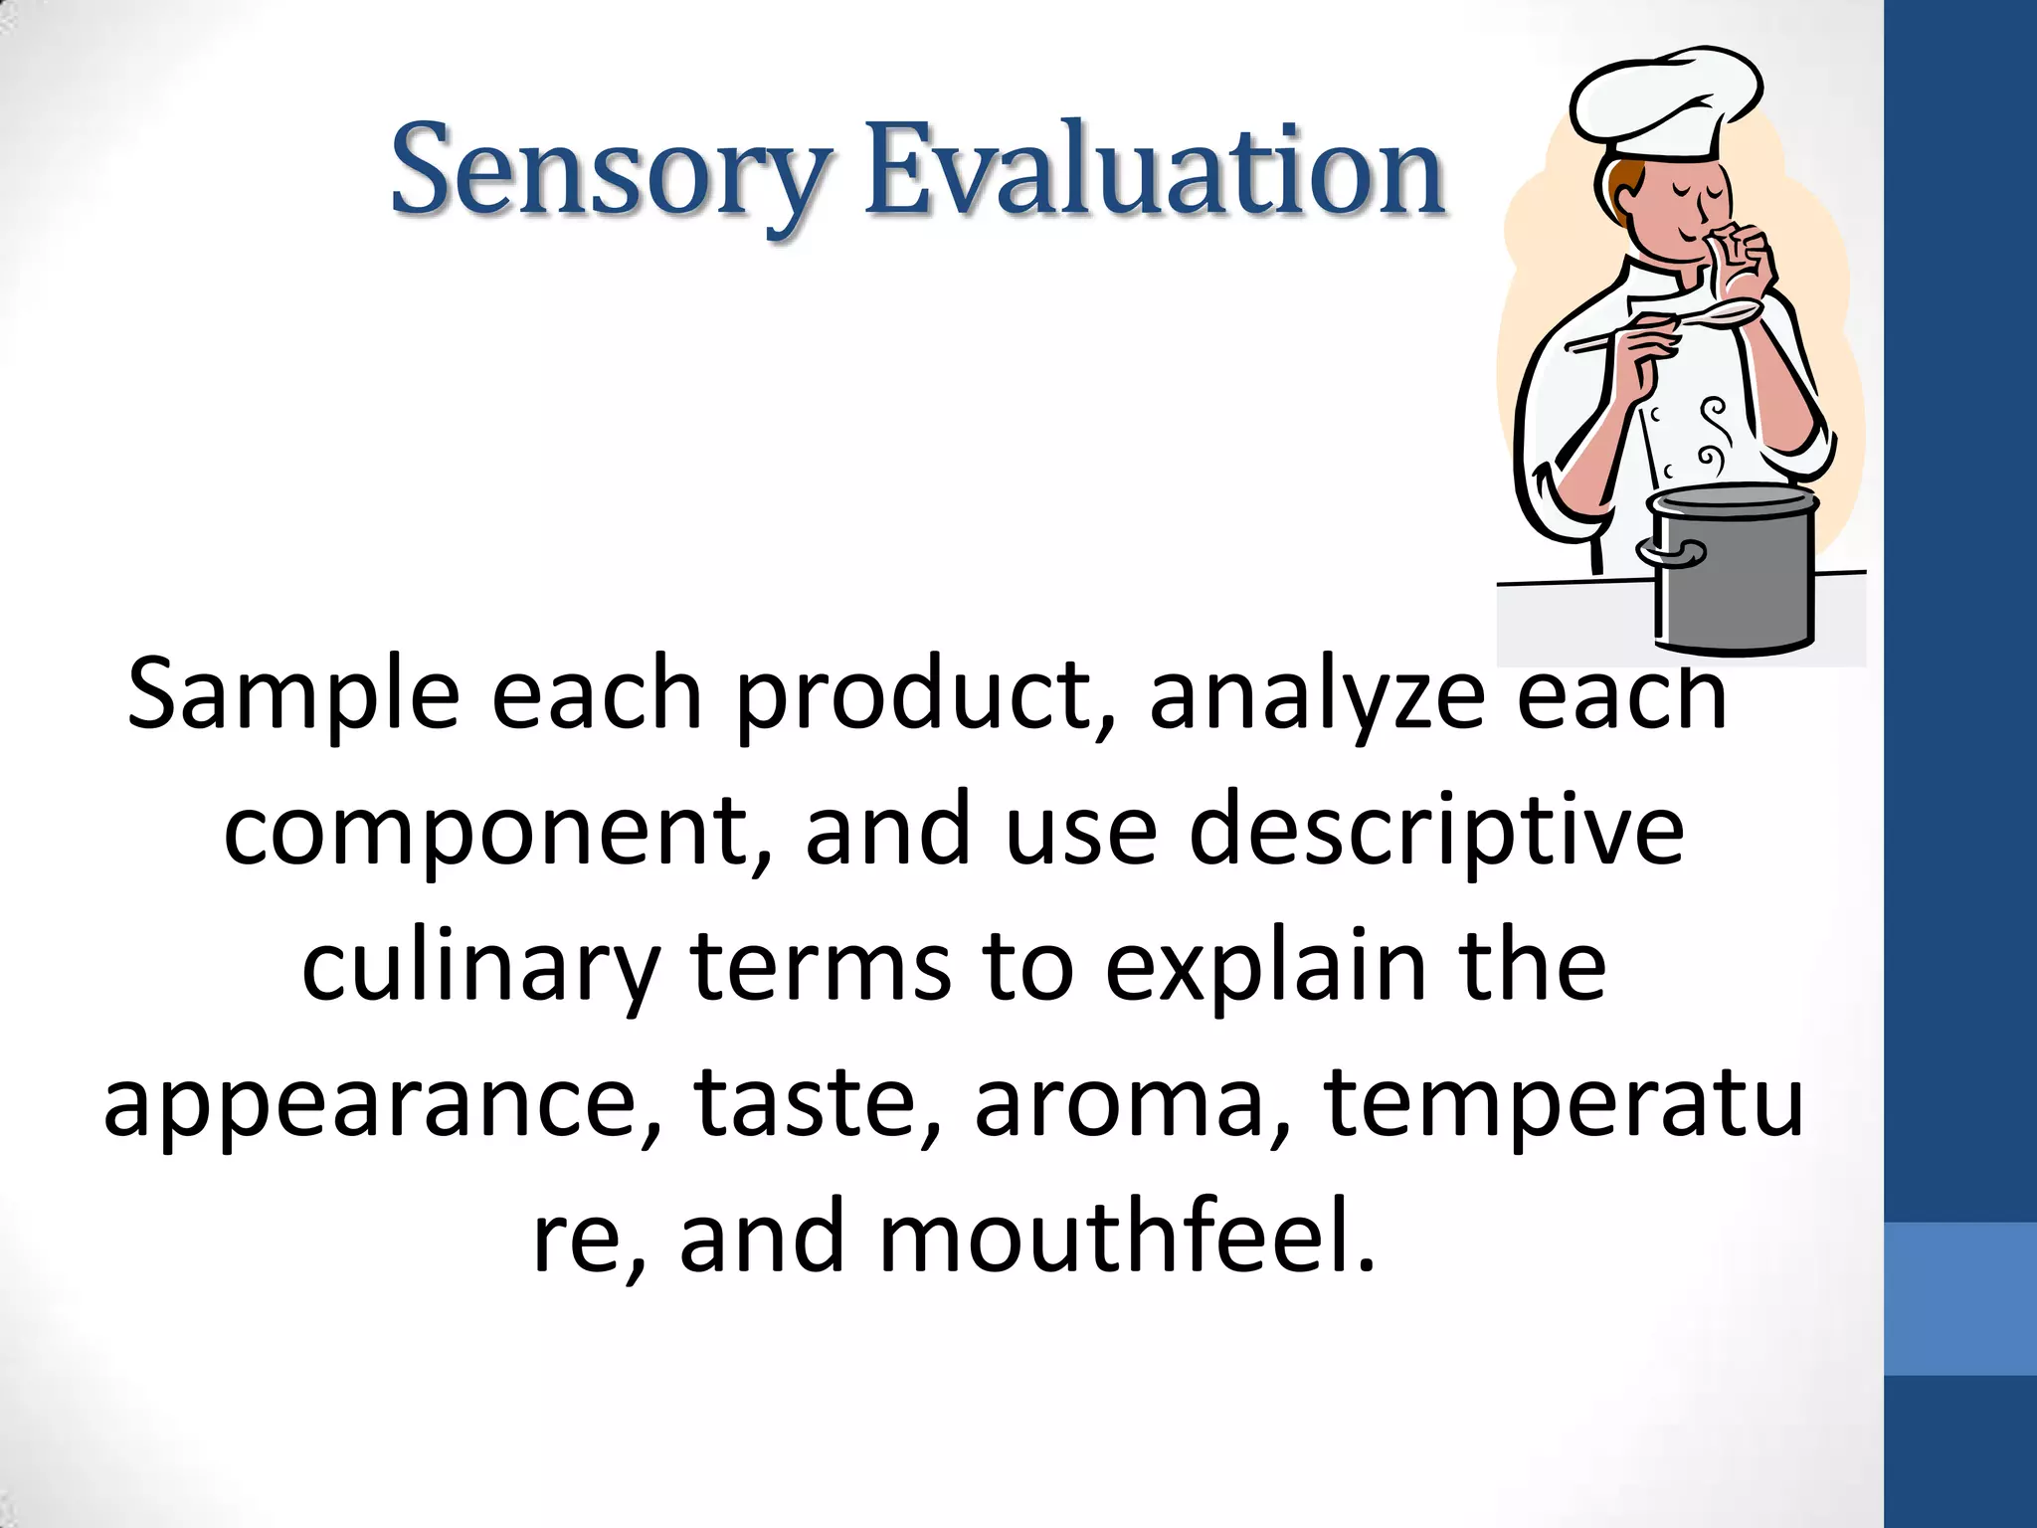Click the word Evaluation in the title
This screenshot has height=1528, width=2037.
pos(1154,171)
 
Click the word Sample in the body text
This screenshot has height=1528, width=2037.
pos(293,695)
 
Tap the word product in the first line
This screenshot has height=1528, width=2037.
pos(913,695)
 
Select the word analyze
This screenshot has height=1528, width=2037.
pos(1317,695)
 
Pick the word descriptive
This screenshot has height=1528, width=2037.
pos(1436,831)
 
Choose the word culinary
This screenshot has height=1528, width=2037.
pos(480,967)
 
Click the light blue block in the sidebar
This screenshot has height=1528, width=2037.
pos(1959,1298)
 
